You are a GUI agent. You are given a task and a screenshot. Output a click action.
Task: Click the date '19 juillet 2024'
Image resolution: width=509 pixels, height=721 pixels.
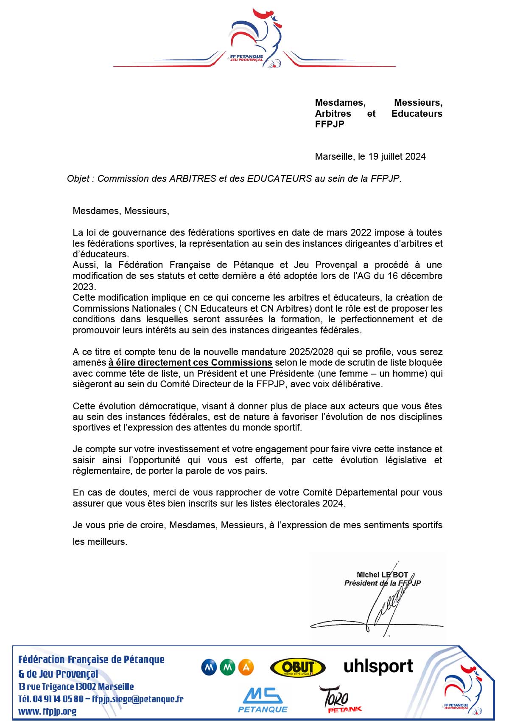[x=397, y=156]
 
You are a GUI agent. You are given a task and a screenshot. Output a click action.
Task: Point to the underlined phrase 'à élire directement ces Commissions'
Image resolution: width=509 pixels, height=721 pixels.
[x=190, y=363]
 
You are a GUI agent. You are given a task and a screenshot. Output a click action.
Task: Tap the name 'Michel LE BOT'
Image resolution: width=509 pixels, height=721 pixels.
[x=382, y=575]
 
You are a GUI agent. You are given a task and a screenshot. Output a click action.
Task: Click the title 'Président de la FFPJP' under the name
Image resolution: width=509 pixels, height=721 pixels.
[x=382, y=583]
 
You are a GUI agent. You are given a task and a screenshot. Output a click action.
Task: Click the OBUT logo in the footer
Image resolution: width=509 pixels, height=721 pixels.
[x=298, y=667]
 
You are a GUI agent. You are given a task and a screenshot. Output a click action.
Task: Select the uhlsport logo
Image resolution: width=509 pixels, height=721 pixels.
[x=378, y=666]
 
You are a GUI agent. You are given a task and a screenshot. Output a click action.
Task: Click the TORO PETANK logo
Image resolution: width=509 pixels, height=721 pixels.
[x=339, y=699]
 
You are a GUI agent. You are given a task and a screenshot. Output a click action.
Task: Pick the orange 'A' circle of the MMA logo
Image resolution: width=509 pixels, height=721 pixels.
[x=246, y=667]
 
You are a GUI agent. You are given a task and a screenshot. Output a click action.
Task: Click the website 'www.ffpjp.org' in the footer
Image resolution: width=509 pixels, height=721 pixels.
[x=47, y=711]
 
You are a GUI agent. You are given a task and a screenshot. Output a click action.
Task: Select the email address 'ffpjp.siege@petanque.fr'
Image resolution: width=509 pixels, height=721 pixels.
[x=137, y=699]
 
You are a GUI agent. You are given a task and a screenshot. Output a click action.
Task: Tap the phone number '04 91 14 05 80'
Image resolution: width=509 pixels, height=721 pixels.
[x=58, y=699]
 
